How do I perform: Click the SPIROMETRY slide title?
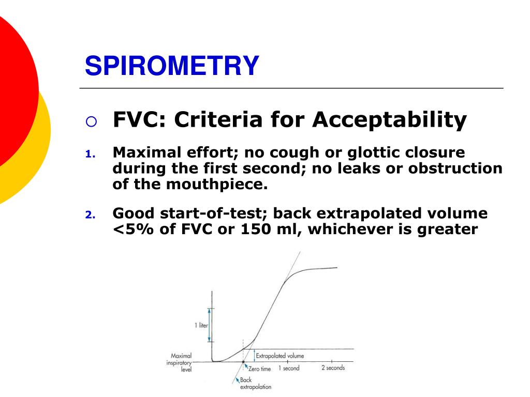tap(172, 66)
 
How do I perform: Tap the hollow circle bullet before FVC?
tap(91, 122)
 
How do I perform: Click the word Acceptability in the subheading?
tap(389, 120)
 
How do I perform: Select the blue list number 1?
tap(89, 154)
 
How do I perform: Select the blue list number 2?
tap(89, 215)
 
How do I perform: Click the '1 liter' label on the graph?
tap(201, 326)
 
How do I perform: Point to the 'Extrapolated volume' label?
tap(280, 356)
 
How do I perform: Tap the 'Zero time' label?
tap(259, 369)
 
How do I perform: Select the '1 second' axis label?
tap(289, 368)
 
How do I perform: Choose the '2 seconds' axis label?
tap(333, 368)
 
